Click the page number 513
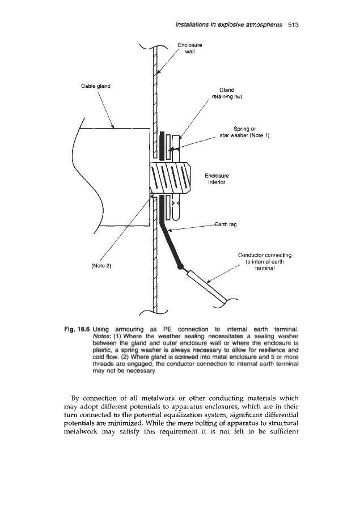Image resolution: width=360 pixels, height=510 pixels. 293,25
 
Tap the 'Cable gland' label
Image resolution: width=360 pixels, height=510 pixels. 95,86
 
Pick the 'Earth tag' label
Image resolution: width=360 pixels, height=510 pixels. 226,224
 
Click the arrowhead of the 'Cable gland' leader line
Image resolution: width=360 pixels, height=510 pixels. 115,127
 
